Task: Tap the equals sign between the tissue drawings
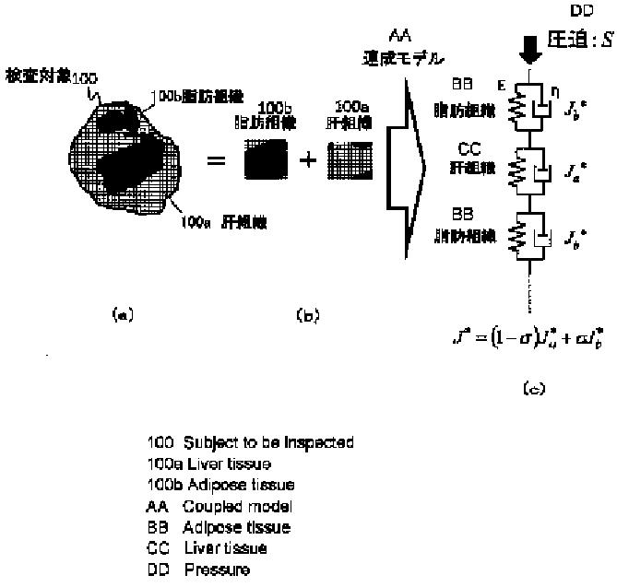pyautogui.click(x=217, y=160)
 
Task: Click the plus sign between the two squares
pyautogui.click(x=307, y=160)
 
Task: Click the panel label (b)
pyautogui.click(x=307, y=315)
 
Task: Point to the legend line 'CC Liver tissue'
pyautogui.click(x=207, y=548)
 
